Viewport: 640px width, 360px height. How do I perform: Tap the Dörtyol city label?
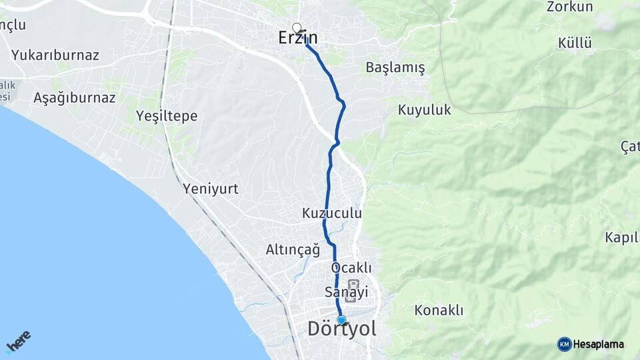(342, 329)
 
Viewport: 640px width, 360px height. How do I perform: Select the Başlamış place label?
(395, 68)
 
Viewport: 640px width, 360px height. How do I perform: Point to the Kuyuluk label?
(425, 110)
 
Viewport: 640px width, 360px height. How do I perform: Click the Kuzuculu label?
(332, 213)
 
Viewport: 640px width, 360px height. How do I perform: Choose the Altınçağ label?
(293, 250)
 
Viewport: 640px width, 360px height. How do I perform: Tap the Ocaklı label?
(351, 267)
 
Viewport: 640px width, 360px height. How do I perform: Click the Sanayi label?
(346, 292)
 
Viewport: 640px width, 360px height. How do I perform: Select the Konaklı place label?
(439, 310)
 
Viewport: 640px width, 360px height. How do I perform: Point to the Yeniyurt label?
(211, 189)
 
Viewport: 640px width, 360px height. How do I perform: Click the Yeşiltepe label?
(167, 116)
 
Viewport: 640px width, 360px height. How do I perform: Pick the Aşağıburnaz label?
(75, 98)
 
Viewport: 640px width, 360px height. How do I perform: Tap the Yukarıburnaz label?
(55, 55)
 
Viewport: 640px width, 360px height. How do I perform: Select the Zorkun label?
(569, 7)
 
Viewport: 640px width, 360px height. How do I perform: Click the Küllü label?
(575, 43)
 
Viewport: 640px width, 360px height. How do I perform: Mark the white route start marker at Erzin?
(297, 28)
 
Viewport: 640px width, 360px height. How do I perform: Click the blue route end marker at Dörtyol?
(341, 320)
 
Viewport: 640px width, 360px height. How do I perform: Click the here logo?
(19, 341)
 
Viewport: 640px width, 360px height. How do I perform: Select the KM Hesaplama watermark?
(591, 344)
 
